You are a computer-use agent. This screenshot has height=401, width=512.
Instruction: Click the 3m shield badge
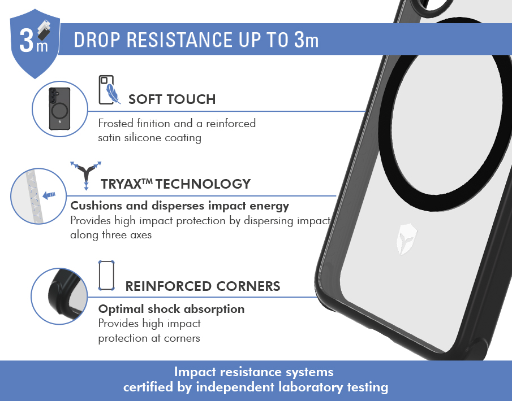[x=35, y=43]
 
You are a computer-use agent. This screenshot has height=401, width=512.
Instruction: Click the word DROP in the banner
[x=97, y=40]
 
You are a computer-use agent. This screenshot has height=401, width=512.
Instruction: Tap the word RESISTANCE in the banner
[x=179, y=40]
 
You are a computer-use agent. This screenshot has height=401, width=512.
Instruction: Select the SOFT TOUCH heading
[x=172, y=99]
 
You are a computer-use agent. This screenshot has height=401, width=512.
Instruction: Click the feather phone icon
[x=109, y=90]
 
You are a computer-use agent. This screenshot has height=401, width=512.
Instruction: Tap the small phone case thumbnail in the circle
[x=59, y=108]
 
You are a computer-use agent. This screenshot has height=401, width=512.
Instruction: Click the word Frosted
[x=115, y=123]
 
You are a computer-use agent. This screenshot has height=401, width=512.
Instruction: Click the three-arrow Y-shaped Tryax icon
[x=86, y=175]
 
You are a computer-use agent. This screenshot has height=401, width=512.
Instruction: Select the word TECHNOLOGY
[x=203, y=184]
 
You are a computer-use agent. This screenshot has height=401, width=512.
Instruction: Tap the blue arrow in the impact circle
[x=49, y=195]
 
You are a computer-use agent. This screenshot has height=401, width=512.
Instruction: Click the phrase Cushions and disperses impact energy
[x=179, y=206]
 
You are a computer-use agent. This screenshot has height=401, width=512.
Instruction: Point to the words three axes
[x=127, y=235]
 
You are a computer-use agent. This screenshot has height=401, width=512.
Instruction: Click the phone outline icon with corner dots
[x=106, y=276]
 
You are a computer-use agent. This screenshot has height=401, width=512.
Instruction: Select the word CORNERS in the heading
[x=248, y=286]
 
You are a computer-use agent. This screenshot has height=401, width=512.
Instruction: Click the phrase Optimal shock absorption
[x=171, y=309]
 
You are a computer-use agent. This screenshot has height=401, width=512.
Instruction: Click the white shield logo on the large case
[x=406, y=239]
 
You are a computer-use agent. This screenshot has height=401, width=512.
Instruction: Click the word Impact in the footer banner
[x=195, y=372]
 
